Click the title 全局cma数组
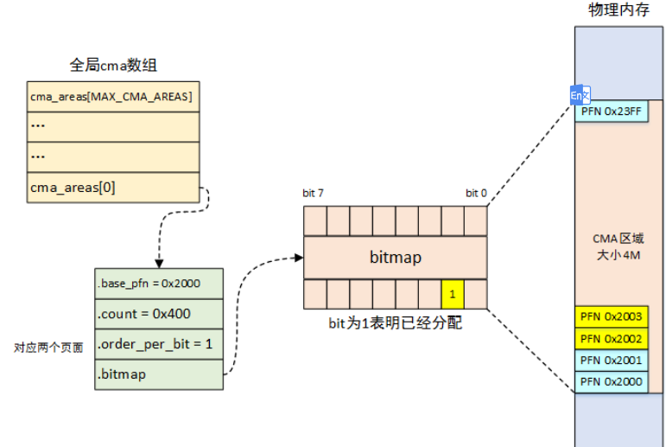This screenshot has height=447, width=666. (x=112, y=65)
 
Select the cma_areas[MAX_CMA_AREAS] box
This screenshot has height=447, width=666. (x=112, y=95)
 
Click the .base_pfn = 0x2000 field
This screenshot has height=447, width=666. (x=159, y=284)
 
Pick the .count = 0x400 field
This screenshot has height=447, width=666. (x=159, y=314)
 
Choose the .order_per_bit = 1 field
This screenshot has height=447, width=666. (x=159, y=343)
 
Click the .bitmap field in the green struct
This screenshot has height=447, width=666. (x=159, y=374)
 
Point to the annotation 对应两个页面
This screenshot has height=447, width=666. (x=48, y=348)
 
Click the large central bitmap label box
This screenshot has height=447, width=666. (x=395, y=258)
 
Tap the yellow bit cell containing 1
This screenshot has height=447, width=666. (x=452, y=295)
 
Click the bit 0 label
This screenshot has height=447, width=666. (x=476, y=193)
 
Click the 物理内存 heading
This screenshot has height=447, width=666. (x=618, y=10)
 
